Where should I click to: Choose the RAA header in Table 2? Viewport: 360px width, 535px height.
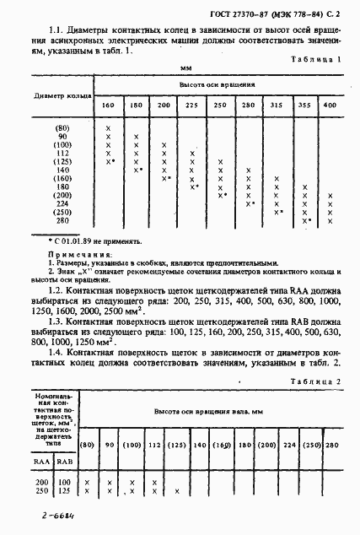tap(41, 462)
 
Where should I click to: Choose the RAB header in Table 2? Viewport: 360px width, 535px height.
tap(64, 462)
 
